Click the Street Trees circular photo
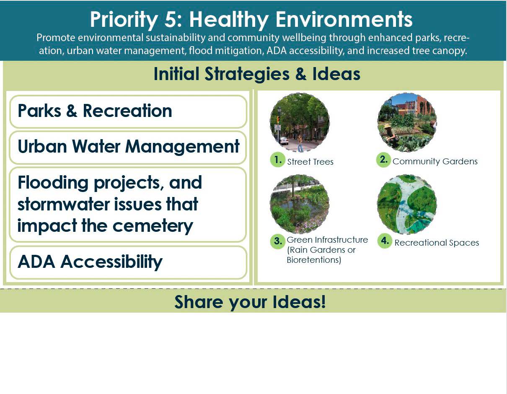tap(300, 123)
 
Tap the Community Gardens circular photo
tap(407, 122)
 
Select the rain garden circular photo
tap(300, 204)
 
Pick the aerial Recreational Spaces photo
tap(407, 204)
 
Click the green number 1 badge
tap(277, 160)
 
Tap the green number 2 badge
tap(383, 160)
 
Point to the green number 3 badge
tap(278, 241)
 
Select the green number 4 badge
tap(385, 241)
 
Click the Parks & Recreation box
tap(128, 111)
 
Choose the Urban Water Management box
tap(128, 147)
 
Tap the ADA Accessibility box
tap(128, 262)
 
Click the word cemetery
tap(153, 226)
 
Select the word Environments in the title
tap(344, 20)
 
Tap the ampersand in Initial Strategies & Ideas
tap(301, 74)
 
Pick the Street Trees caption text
tap(310, 162)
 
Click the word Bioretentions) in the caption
tap(314, 260)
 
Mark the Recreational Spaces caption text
tap(437, 243)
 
